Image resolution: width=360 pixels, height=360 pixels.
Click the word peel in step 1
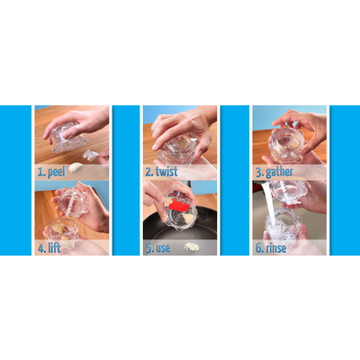pos(57,172)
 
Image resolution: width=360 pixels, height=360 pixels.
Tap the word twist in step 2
pos(166,172)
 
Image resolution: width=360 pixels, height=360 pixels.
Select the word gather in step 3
pos(279,172)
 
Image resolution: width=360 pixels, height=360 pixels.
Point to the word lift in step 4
pos(54,247)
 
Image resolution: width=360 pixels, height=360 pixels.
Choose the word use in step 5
pos(163,248)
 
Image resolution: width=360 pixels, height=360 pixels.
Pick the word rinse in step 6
pos(275,248)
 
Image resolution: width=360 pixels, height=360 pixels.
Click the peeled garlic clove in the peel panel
pos(76,166)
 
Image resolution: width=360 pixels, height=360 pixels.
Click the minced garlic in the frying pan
pos(192,247)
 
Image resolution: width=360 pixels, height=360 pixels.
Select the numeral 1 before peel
pos(40,172)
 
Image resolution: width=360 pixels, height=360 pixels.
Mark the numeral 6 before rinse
pos(259,248)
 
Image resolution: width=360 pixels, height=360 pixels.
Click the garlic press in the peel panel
pos(68,138)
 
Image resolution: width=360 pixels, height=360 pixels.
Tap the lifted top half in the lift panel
pos(74,202)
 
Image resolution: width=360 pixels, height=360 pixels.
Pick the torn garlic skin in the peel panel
pos(92,155)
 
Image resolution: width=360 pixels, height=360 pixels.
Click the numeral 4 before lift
pos(41,248)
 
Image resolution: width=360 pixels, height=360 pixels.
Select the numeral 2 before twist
pos(149,172)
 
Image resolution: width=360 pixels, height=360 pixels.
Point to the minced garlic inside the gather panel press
pos(292,144)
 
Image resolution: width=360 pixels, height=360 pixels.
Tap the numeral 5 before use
pos(149,248)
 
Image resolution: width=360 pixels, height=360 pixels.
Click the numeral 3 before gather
pos(259,173)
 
